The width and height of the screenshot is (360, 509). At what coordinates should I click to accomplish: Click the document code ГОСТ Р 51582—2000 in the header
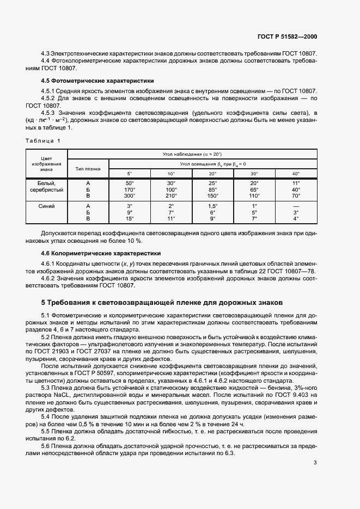pyautogui.click(x=287, y=36)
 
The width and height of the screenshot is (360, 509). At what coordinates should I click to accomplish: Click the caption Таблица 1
pyautogui.click(x=44, y=140)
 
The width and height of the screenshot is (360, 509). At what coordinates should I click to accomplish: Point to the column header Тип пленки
pyautogui.click(x=88, y=169)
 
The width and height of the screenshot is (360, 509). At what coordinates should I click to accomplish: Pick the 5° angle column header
pyautogui.click(x=130, y=173)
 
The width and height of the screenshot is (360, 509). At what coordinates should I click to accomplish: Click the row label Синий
pyautogui.click(x=46, y=206)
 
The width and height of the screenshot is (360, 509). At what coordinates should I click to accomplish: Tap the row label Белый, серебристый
pyautogui.click(x=46, y=186)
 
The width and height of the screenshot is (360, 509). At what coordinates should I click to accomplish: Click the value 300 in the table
pyautogui.click(x=129, y=195)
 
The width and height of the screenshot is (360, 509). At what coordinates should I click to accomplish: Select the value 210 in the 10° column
pyautogui.click(x=171, y=195)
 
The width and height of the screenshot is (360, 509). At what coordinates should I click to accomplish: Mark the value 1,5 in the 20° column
pyautogui.click(x=212, y=206)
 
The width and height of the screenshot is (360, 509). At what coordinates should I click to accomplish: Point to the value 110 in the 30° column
pyautogui.click(x=254, y=195)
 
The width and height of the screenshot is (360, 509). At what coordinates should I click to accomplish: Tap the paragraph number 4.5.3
pyautogui.click(x=50, y=113)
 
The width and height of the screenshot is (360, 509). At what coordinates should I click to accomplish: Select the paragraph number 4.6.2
pyautogui.click(x=50, y=278)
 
